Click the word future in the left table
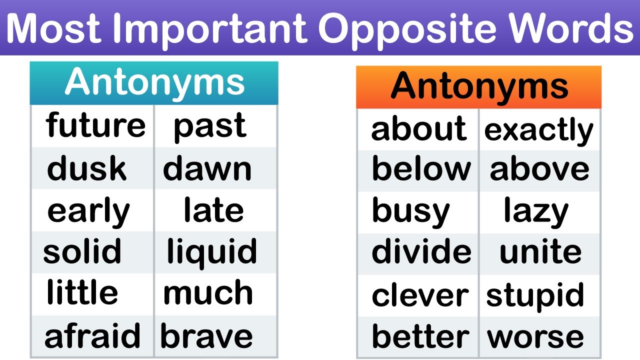click(x=95, y=125)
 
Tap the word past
click(x=209, y=125)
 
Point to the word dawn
click(x=207, y=168)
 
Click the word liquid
click(x=212, y=251)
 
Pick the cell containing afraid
click(x=92, y=336)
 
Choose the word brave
click(x=206, y=336)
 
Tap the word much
click(x=208, y=293)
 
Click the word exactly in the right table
click(x=538, y=130)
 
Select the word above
click(x=539, y=169)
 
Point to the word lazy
click(x=536, y=211)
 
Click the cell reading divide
click(x=421, y=252)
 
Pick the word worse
click(x=535, y=337)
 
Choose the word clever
click(x=420, y=295)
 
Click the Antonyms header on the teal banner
click(x=154, y=82)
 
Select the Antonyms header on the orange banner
click(x=479, y=86)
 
